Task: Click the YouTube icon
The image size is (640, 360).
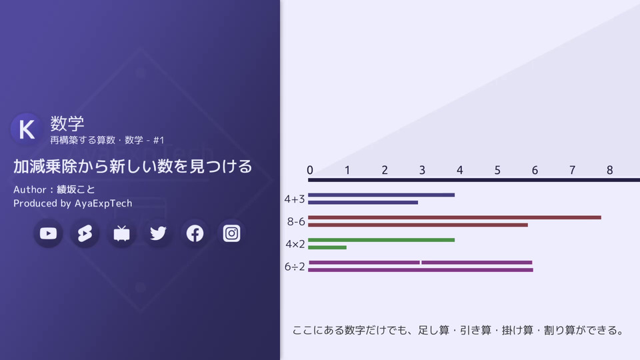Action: pyautogui.click(x=48, y=233)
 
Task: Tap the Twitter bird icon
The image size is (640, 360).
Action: pyautogui.click(x=158, y=233)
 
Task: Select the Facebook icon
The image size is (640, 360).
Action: pyautogui.click(x=195, y=233)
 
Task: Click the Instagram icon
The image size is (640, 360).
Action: pyautogui.click(x=231, y=233)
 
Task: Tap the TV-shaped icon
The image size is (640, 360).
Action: pyautogui.click(x=121, y=233)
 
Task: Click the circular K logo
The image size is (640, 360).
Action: pyautogui.click(x=27, y=129)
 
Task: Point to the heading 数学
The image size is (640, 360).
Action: pyautogui.click(x=67, y=123)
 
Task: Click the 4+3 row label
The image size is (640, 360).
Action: pyautogui.click(x=295, y=199)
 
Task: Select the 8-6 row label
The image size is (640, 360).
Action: pyautogui.click(x=296, y=221)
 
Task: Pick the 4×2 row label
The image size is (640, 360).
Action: pyautogui.click(x=295, y=244)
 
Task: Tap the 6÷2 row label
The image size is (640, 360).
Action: pyautogui.click(x=295, y=267)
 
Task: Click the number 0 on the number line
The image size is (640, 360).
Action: pyautogui.click(x=310, y=170)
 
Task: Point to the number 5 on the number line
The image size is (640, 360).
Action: pyautogui.click(x=497, y=170)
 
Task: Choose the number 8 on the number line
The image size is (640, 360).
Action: pyautogui.click(x=609, y=170)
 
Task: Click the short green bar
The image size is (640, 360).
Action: pyautogui.click(x=327, y=247)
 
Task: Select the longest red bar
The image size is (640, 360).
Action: pyautogui.click(x=455, y=217)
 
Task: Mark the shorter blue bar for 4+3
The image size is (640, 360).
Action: pyautogui.click(x=363, y=203)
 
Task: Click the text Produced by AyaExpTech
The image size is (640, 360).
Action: pyautogui.click(x=73, y=203)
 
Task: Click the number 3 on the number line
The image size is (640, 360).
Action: pyautogui.click(x=422, y=170)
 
